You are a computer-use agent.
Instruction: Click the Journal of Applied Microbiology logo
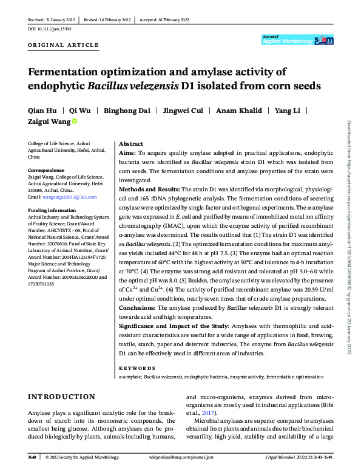(x=297, y=40)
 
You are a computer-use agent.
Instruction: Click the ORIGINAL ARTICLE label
(x=64, y=46)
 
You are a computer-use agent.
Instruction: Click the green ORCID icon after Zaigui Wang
(x=75, y=121)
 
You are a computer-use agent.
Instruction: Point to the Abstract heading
(x=131, y=144)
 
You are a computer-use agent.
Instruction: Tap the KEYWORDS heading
(x=137, y=367)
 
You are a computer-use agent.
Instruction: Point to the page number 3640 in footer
(x=34, y=457)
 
